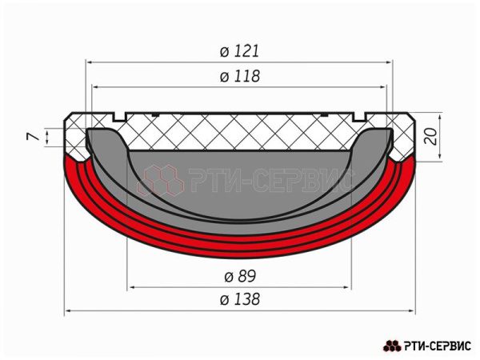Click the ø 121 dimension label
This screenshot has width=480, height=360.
pos(240,51)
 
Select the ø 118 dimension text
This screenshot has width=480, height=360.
pos(240,77)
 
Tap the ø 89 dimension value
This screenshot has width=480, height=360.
pos(240,276)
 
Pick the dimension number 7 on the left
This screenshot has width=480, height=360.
pos(33,138)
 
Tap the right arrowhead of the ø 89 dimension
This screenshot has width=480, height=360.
pos(349,286)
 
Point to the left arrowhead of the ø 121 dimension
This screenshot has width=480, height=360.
pos(90,61)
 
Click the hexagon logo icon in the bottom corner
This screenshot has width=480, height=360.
pos(392,346)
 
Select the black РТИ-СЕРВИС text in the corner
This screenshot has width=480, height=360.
pos(438,346)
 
